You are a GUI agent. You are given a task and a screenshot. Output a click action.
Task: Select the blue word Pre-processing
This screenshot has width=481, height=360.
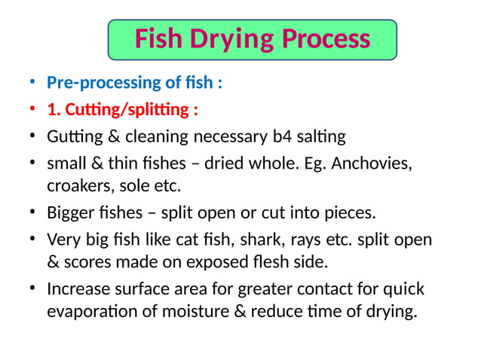coord(106,83)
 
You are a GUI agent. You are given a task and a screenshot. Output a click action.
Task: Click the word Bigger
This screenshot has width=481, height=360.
coord(71,212)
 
